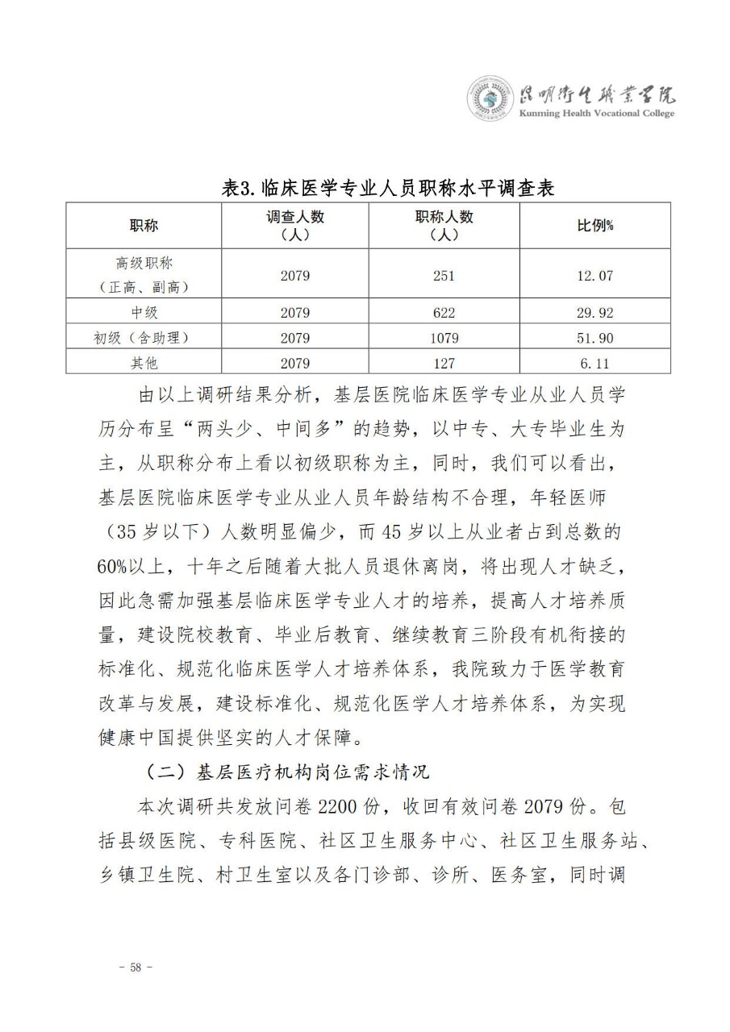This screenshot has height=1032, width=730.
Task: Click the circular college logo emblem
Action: point(490,101)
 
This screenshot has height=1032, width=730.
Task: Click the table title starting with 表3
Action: point(388,188)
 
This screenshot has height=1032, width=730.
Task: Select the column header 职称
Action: point(144,226)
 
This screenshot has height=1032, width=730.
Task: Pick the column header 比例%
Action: point(594,226)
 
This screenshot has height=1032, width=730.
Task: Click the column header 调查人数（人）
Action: point(295,226)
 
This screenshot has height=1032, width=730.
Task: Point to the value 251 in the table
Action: point(444,275)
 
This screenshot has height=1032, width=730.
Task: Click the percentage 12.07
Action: point(594,275)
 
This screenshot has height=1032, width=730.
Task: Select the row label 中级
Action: point(144,313)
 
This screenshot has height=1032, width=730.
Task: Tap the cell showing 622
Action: point(444,313)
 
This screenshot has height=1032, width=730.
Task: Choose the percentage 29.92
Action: point(594,313)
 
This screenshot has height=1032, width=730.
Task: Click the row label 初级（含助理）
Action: point(144,338)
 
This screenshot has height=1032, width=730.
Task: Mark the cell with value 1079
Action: point(444,338)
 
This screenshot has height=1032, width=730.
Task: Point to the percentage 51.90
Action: point(594,338)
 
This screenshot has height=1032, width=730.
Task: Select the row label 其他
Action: point(144,363)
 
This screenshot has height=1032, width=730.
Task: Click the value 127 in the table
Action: point(444,363)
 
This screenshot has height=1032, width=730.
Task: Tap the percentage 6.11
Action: point(594,363)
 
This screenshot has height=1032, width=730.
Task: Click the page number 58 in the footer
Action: point(135,967)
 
